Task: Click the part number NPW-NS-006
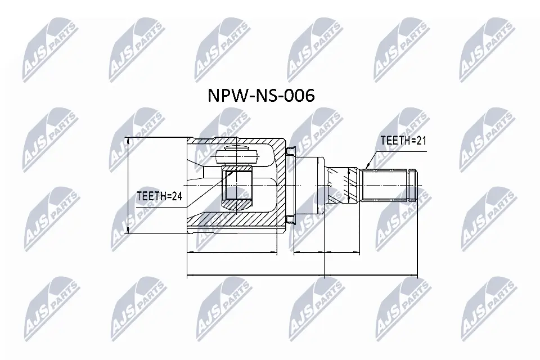pos(261,96)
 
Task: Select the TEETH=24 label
pos(159,196)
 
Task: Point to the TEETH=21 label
pos(403,140)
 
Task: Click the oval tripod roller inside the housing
pos(237,157)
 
